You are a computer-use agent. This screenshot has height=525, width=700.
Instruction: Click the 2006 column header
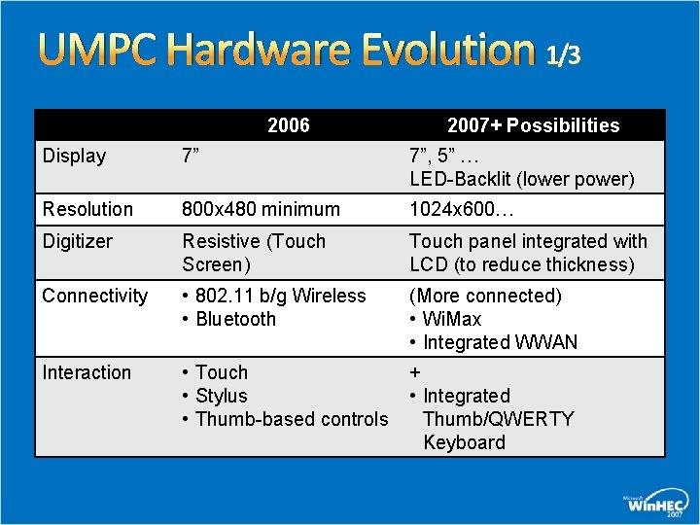click(x=289, y=125)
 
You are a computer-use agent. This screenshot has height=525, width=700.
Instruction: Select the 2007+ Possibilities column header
click(x=533, y=125)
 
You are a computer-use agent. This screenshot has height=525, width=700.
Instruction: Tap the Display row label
click(x=74, y=156)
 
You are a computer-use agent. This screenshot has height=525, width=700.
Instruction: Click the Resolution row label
click(x=87, y=209)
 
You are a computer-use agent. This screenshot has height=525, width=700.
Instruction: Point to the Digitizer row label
click(x=78, y=241)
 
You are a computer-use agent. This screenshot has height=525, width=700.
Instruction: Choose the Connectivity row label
click(x=95, y=296)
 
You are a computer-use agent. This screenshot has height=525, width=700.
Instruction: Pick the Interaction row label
click(x=87, y=372)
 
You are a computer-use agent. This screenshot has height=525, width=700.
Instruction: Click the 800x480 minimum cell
click(x=261, y=209)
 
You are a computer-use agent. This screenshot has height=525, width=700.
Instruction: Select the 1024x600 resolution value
click(x=463, y=209)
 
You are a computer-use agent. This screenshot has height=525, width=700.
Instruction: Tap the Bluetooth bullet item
click(x=235, y=319)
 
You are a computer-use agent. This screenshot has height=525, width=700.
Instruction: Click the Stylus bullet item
click(x=221, y=396)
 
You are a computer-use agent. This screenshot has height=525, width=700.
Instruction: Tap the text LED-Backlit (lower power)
click(x=521, y=179)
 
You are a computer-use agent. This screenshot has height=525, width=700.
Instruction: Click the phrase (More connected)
click(x=485, y=296)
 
